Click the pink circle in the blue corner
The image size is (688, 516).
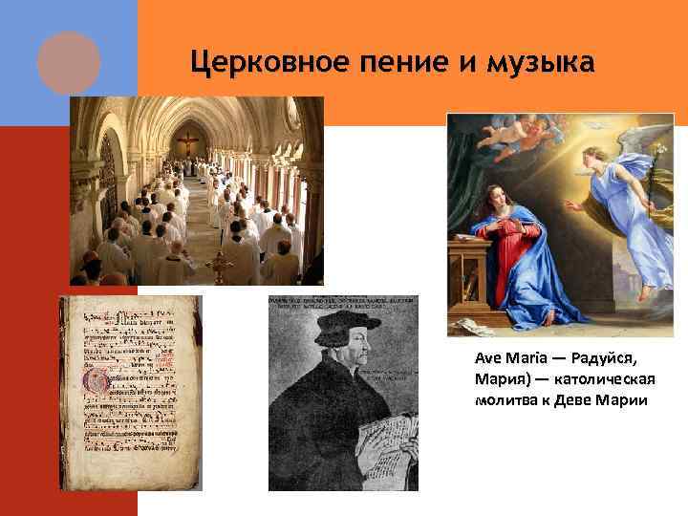point(69,61)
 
